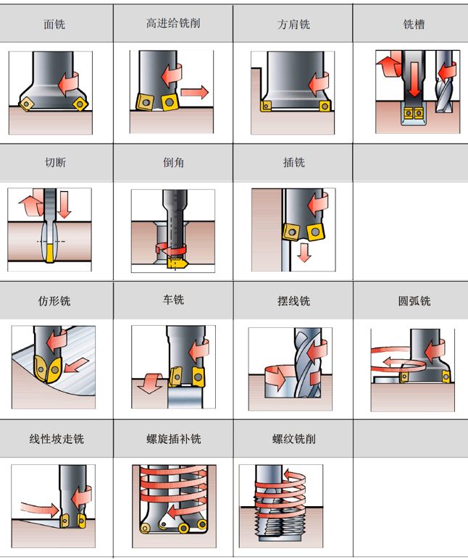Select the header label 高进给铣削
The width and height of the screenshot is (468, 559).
(x=173, y=23)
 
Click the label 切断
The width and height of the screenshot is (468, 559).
(x=55, y=162)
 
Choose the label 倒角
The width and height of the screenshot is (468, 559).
(x=173, y=162)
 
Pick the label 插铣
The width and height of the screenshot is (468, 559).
(x=293, y=162)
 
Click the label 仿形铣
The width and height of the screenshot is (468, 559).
(x=54, y=300)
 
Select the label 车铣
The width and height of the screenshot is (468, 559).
(x=173, y=299)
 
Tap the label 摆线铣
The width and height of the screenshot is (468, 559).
(x=293, y=300)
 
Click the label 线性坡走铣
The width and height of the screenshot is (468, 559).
(x=56, y=439)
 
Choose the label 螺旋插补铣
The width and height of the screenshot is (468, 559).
(x=173, y=439)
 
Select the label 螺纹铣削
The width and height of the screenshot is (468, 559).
(x=293, y=439)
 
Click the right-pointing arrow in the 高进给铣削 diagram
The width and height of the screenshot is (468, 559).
(x=194, y=92)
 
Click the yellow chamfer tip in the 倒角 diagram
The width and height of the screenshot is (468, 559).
(x=175, y=264)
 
